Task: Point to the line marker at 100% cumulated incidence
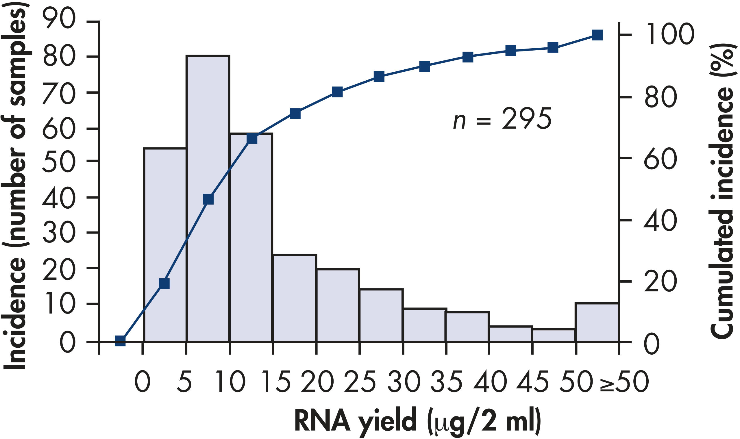[597, 35]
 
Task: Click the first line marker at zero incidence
[120, 341]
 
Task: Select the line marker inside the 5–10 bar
[208, 199]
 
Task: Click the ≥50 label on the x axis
[624, 381]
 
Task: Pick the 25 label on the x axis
[360, 381]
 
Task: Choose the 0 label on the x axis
[143, 381]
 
